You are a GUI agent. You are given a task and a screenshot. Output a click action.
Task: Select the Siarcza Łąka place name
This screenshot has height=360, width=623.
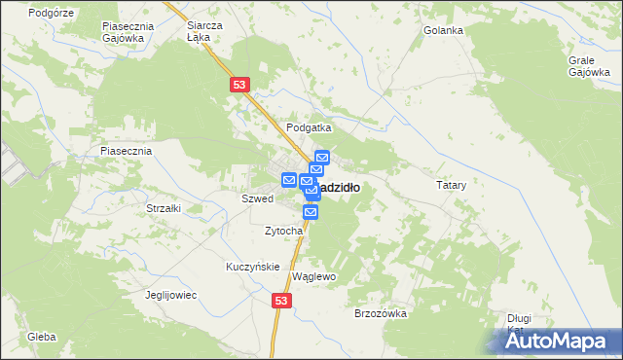pos(204,32)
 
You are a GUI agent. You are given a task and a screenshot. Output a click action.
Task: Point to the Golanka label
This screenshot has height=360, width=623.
pos(443,30)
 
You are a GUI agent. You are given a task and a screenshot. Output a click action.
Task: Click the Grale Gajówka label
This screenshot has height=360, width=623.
pos(588,65)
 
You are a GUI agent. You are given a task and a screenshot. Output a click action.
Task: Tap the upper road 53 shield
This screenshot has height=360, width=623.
pos(240,86)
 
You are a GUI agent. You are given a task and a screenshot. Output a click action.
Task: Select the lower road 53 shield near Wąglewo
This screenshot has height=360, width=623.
pos(281,303)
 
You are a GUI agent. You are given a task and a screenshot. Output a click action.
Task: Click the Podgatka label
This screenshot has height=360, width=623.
pos(309,127)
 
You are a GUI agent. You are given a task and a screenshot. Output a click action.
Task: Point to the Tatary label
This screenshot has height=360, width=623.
pos(451,184)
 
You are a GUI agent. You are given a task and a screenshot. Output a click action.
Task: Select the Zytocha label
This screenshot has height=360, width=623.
pos(290,231)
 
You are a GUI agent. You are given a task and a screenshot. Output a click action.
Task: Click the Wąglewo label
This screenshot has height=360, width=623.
pos(313,276)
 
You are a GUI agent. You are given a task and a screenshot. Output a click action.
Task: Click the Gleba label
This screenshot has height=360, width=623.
pos(42,337)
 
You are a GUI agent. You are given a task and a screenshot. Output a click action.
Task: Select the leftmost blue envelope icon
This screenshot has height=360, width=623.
pos(289,180)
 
